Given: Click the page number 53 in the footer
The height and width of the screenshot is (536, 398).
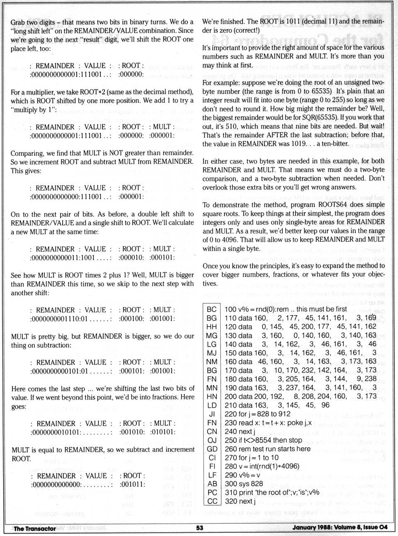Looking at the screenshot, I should click(200, 528).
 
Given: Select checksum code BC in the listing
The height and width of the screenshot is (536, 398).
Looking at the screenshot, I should click(211, 309).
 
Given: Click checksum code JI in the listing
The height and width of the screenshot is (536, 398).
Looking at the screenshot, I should click(212, 414).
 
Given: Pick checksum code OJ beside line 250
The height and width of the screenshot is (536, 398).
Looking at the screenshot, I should click(211, 440).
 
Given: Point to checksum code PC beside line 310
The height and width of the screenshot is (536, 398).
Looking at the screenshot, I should click(212, 492).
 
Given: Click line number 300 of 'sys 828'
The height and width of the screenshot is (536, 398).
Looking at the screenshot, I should click(231, 484).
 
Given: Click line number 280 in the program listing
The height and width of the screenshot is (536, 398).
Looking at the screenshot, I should click(231, 466).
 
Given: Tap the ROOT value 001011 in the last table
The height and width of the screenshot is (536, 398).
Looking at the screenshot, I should click(132, 484).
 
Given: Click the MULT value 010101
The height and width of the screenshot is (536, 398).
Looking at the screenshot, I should click(162, 432).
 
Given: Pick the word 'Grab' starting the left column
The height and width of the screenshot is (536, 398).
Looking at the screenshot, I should click(18, 22).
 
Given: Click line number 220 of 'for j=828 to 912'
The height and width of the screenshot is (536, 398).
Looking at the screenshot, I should click(231, 414).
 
